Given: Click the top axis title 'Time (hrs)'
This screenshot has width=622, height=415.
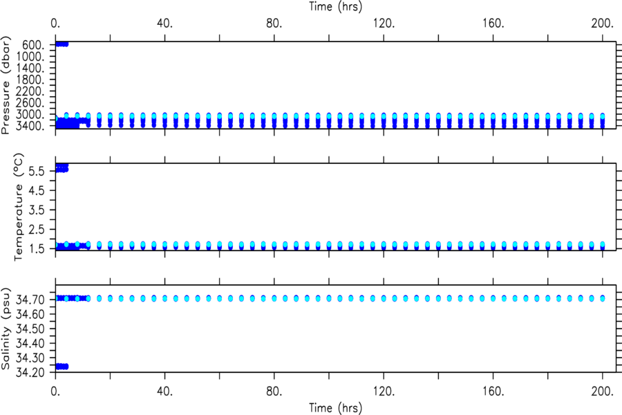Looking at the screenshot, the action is click(x=335, y=6).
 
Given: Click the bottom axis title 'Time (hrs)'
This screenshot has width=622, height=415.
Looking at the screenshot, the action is click(x=335, y=408).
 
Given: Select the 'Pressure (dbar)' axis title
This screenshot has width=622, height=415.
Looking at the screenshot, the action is click(x=6, y=85).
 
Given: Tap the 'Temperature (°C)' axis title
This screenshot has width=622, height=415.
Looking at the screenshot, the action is click(x=19, y=207).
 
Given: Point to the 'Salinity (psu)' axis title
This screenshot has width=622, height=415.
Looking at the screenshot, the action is click(x=6, y=329).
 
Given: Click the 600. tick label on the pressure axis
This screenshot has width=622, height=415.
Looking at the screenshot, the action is click(x=33, y=45).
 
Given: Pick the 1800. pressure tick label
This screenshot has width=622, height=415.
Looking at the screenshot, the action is click(x=30, y=80).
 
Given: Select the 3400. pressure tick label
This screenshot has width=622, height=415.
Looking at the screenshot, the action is click(x=30, y=125).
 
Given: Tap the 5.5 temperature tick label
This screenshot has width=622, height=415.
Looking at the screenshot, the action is click(x=36, y=171).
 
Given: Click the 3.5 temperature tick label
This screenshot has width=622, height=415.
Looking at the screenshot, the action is click(x=36, y=210).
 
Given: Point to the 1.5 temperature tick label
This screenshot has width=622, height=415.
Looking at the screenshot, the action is click(x=36, y=248).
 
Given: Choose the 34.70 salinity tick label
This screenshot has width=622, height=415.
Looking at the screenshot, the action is click(x=30, y=299).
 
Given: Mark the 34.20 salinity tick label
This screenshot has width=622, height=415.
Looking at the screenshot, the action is click(x=30, y=372).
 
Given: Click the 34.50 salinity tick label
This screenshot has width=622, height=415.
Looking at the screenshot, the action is click(x=30, y=329).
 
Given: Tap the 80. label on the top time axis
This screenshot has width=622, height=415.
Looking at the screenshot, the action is click(x=274, y=24).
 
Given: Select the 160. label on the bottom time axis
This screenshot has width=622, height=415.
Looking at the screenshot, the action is click(x=493, y=391).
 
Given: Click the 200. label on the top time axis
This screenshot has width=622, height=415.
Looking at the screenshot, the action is click(x=603, y=24).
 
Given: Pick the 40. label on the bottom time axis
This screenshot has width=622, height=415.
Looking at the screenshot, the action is click(x=164, y=391).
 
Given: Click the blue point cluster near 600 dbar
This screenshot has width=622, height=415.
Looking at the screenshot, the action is click(x=62, y=44).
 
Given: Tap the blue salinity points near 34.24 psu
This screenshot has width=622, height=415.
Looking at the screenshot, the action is click(x=62, y=366).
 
